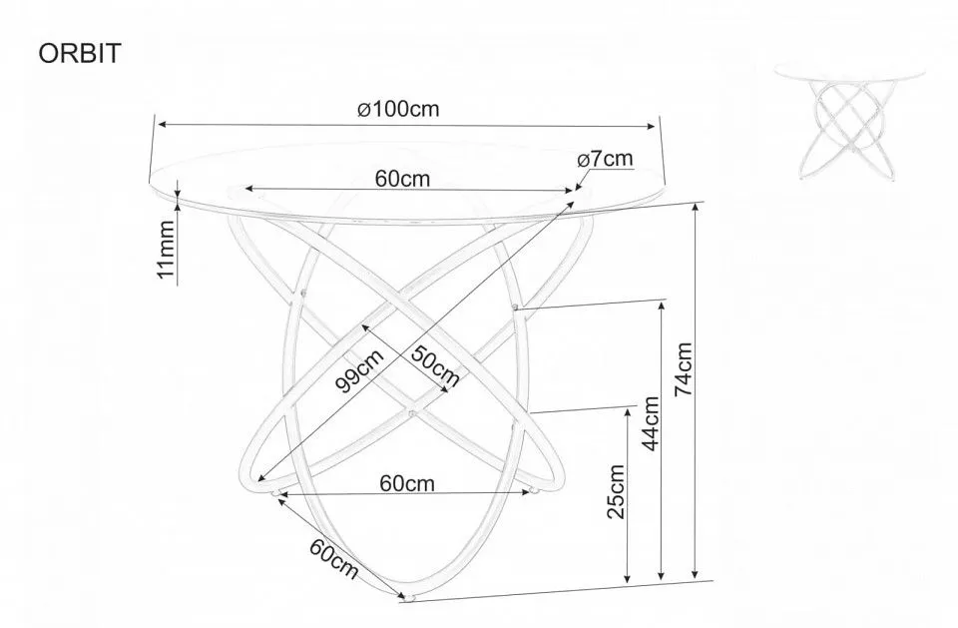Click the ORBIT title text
[x=80, y=54]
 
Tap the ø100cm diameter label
[x=398, y=109]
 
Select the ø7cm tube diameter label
[x=605, y=159]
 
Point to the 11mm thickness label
[x=167, y=249]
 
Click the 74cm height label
[x=683, y=368]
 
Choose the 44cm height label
[x=651, y=423]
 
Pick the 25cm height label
[x=616, y=491]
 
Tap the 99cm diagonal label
[x=360, y=370]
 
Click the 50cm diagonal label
[x=434, y=365]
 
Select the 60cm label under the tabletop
[x=402, y=179]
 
